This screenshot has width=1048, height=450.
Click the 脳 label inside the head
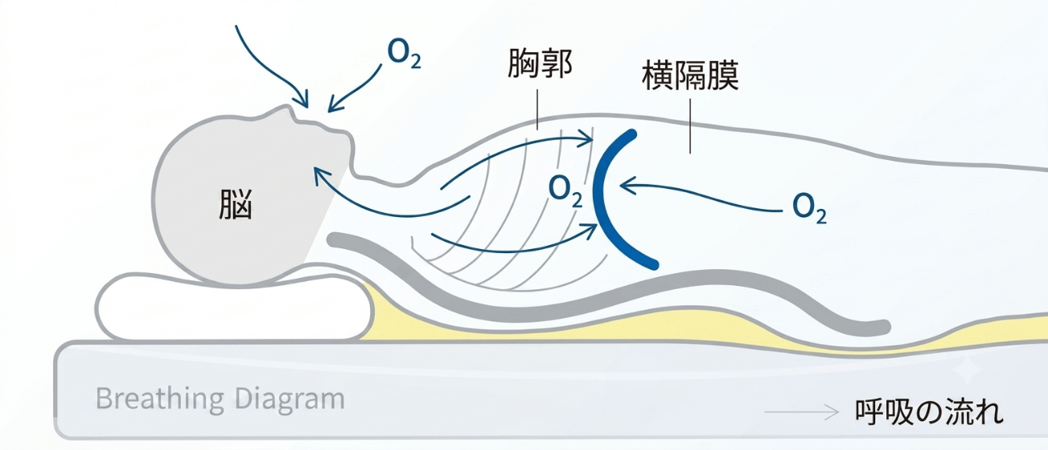click(x=236, y=204)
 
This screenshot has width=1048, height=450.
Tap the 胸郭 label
click(x=540, y=63)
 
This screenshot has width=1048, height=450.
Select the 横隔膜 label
click(x=690, y=76)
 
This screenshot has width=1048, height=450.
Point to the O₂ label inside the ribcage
click(x=565, y=191)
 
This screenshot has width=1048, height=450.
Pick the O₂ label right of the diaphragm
click(x=809, y=208)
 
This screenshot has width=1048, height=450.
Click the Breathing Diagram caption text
click(x=220, y=399)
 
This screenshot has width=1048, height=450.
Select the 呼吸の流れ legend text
click(x=929, y=411)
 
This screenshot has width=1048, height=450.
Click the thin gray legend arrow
click(x=801, y=412)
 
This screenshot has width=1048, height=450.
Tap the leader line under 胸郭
click(x=537, y=109)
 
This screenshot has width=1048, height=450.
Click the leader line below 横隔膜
click(x=690, y=126)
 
